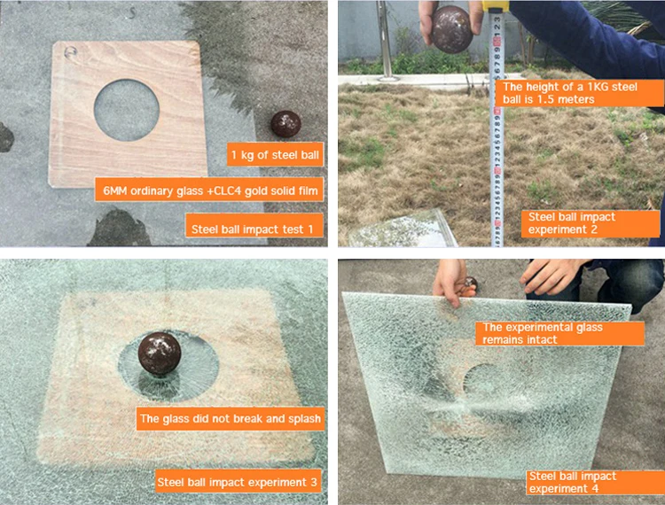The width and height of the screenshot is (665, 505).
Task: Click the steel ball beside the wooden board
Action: point(286,124)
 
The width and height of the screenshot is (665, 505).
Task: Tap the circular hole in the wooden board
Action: point(127,110)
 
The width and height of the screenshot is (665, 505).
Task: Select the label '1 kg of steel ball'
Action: point(275,155)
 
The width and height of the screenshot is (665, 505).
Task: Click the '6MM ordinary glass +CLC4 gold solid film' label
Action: point(210,190)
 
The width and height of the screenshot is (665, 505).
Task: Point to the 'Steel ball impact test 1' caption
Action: point(254,229)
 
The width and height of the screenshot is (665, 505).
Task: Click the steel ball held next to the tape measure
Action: point(452,29)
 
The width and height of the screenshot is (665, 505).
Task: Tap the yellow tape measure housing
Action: point(496,5)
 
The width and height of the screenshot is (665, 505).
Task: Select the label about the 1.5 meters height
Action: point(579,93)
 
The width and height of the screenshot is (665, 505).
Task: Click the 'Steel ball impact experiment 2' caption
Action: point(591,223)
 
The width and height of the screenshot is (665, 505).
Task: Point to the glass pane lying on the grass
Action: point(403,229)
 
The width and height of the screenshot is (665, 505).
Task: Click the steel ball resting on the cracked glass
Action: point(160,353)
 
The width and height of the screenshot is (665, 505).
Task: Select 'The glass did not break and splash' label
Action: point(231,418)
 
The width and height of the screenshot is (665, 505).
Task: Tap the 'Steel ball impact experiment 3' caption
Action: point(238,481)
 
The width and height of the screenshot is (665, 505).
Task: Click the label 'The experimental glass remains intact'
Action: point(559,333)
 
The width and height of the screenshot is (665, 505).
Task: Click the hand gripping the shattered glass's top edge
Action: point(450,281)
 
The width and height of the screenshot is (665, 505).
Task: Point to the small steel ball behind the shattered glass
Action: point(471,284)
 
